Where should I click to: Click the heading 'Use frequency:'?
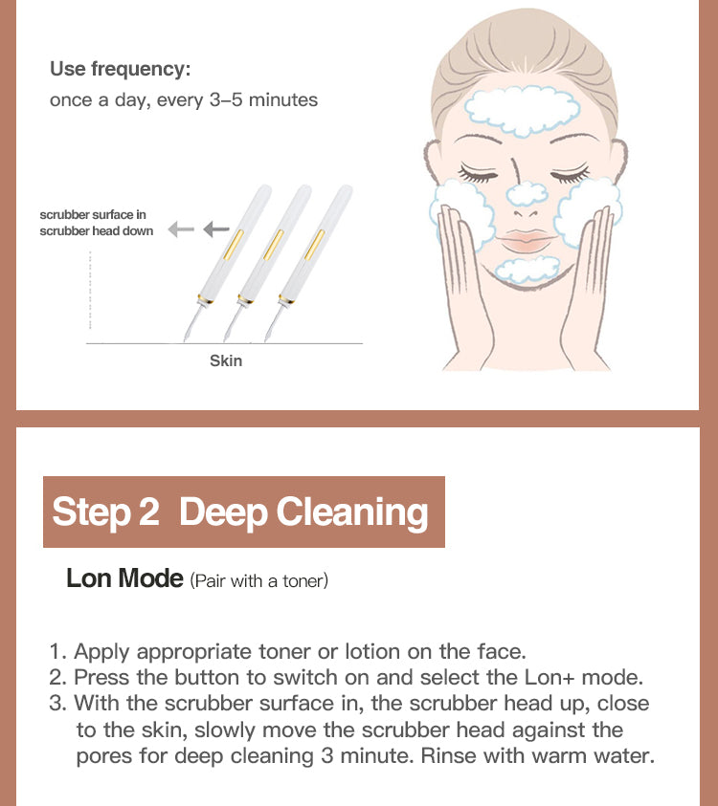pyautogui.click(x=120, y=69)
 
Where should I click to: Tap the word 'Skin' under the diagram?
pyautogui.click(x=226, y=360)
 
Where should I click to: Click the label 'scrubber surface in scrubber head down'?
pyautogui.click(x=96, y=223)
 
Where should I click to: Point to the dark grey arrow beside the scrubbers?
pyautogui.click(x=216, y=229)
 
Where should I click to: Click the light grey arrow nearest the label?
pyautogui.click(x=180, y=229)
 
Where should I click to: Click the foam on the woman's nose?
pyautogui.click(x=527, y=194)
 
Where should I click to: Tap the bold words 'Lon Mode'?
pyautogui.click(x=124, y=578)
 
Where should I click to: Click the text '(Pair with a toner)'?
pyautogui.click(x=258, y=580)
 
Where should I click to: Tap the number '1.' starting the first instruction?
pyautogui.click(x=58, y=652)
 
